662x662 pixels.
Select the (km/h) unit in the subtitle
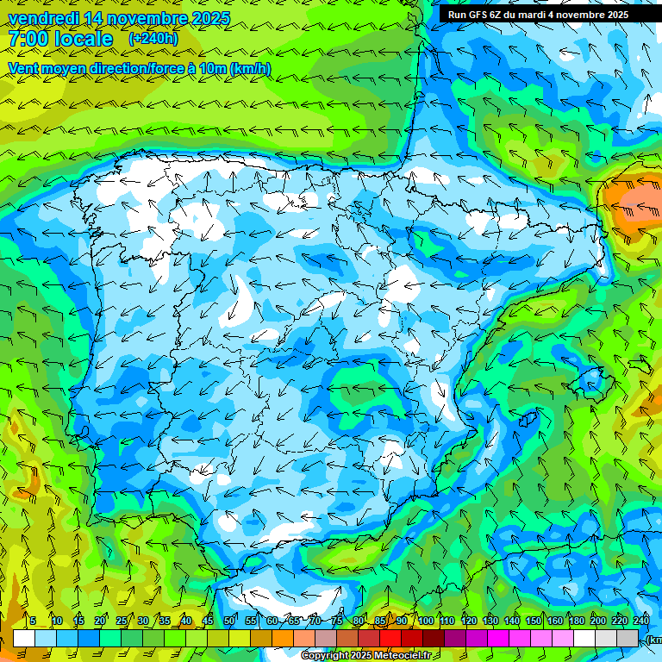250,68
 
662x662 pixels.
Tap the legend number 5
33,621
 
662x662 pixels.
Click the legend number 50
229,621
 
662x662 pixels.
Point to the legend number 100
426,621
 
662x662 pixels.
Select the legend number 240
641,621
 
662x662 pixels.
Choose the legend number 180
577,621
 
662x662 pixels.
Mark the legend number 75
337,621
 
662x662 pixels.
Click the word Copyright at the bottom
325,656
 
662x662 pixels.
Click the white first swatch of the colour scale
24,638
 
